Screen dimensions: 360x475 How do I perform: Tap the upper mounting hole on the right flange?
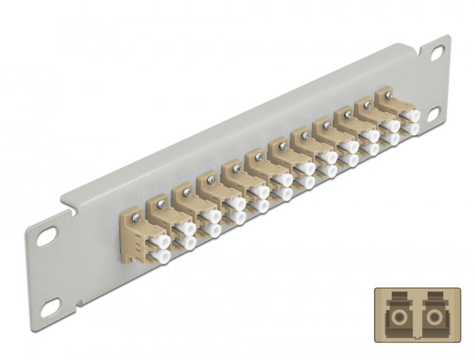[436, 53]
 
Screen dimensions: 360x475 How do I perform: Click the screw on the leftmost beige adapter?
[136, 217]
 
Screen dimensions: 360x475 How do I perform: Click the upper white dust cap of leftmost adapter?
[160, 240]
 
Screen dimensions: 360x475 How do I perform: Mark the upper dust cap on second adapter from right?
[392, 126]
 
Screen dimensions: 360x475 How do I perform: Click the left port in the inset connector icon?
[396, 317]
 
